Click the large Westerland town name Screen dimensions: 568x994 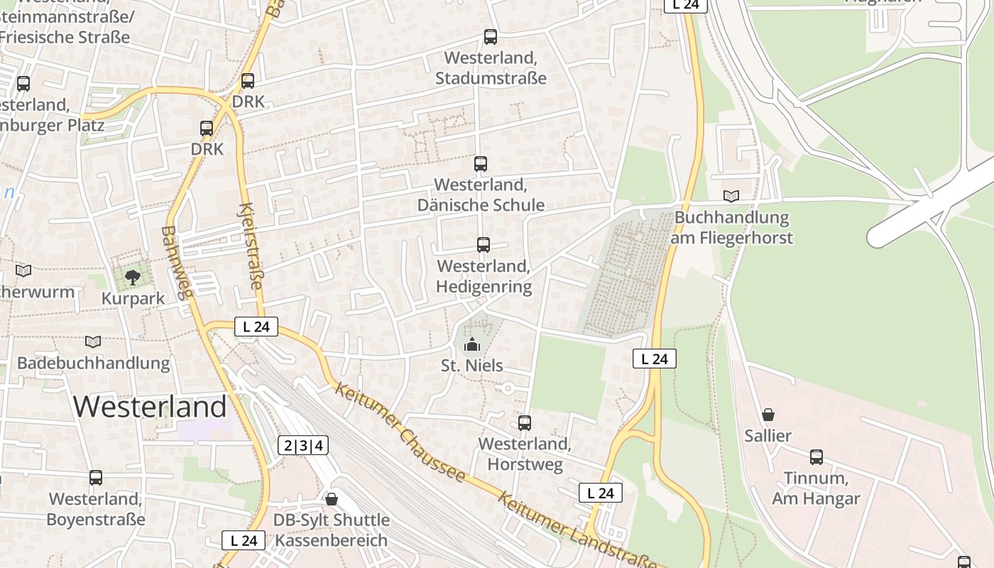click(x=150, y=407)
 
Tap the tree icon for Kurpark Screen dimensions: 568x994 click(x=132, y=277)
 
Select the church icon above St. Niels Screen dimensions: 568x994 click(x=471, y=344)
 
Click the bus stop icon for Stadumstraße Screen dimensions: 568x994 click(x=490, y=37)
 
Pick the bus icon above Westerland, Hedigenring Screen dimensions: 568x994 click(x=484, y=245)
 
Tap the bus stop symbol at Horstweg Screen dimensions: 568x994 click(x=525, y=423)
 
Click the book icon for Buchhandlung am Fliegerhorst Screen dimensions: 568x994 click(x=731, y=196)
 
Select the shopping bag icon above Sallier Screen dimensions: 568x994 click(x=768, y=415)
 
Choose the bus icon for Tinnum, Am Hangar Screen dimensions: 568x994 click(x=816, y=457)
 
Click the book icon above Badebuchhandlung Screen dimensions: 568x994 click(x=93, y=342)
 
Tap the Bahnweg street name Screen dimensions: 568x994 click(x=176, y=263)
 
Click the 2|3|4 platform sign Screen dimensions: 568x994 click(x=303, y=445)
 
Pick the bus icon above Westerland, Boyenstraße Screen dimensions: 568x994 click(x=96, y=478)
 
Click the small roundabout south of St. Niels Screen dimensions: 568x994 click(x=508, y=388)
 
